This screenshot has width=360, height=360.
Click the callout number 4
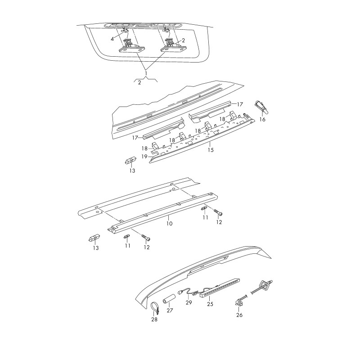(113, 39)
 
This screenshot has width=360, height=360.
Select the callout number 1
(145, 72)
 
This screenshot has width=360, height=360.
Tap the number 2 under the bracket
(139, 83)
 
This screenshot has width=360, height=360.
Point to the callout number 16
(263, 120)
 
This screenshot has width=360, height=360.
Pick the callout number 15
(210, 150)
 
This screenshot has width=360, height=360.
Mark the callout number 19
(144, 156)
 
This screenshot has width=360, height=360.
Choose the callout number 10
(169, 223)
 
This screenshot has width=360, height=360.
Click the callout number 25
(210, 304)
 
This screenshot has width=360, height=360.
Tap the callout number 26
(239, 315)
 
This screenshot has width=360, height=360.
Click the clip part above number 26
(238, 304)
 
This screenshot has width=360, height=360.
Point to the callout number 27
(170, 310)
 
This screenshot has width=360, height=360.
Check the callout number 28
(154, 319)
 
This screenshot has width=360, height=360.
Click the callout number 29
(189, 302)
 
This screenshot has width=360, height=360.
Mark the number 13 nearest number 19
(132, 171)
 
